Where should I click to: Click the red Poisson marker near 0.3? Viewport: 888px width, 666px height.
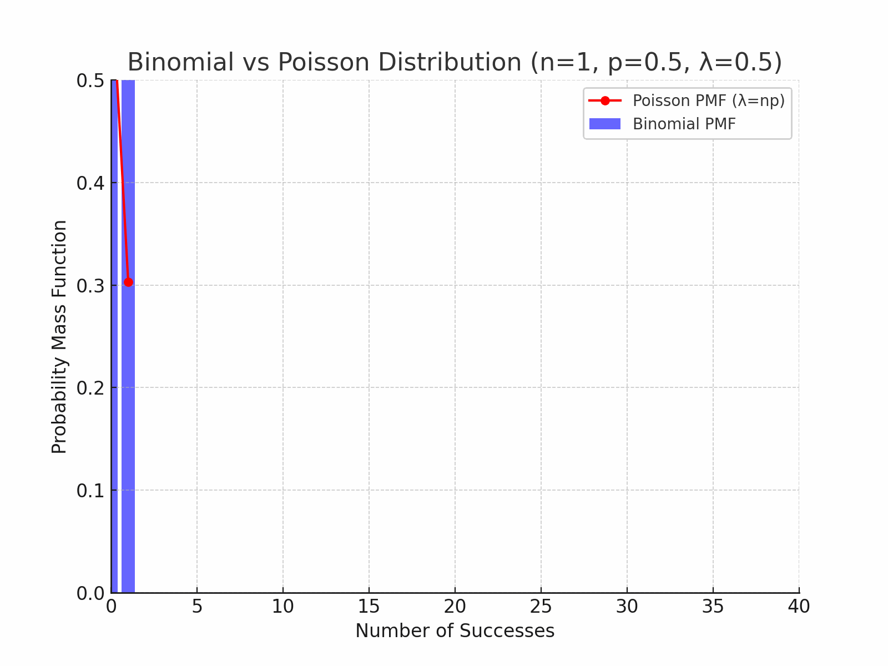coord(128,282)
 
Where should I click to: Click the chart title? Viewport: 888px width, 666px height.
coord(455,62)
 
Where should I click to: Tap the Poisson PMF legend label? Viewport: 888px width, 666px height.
coord(709,100)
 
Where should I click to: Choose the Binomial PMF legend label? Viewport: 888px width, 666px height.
coord(684,124)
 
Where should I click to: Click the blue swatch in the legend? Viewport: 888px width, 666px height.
coord(605,124)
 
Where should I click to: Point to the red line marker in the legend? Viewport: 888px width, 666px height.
coord(605,100)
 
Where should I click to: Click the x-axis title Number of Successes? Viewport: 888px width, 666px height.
coord(455,631)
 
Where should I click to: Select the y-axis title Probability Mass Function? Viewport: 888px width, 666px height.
coord(59,337)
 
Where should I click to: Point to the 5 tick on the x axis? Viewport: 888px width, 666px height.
coord(197,607)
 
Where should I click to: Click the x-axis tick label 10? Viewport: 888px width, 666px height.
coord(283,607)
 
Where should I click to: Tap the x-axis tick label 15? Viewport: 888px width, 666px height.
coord(369,607)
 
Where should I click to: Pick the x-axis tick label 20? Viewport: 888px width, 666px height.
coord(455,607)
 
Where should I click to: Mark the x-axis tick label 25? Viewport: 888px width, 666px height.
coord(541,607)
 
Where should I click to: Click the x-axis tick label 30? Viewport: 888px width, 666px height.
coord(627,607)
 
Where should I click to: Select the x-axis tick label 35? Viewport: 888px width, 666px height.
coord(713,607)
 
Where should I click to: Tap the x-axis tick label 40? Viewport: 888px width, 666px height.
coord(799,607)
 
